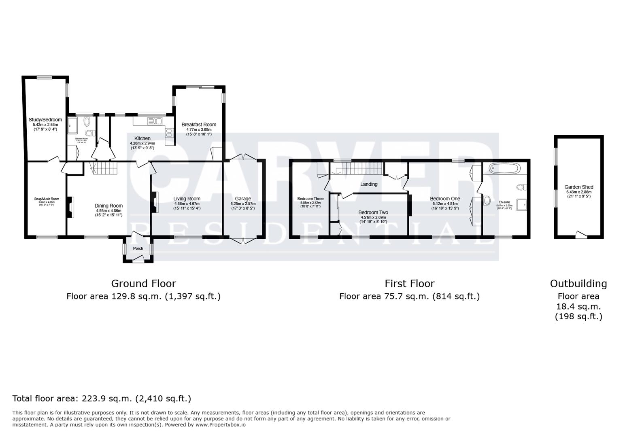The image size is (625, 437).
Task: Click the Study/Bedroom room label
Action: coord(45,120)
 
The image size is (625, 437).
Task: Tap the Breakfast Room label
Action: coord(199,125)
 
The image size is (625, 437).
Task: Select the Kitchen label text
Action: coord(142,138)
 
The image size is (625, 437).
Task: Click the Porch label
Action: coord(138,248)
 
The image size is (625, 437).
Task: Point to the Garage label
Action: coord(243,199)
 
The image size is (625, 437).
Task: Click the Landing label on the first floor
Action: coord(369,184)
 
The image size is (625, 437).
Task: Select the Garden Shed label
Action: coord(579,187)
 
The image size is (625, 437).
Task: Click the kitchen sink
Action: coord(155,120)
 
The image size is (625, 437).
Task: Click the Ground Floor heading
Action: coord(143,283)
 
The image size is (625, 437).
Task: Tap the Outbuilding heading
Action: coord(578,284)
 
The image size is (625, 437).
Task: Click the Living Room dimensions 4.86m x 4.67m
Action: coord(187,204)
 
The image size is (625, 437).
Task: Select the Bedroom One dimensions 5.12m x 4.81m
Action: coord(445,204)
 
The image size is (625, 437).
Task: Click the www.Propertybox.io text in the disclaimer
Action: coord(221,425)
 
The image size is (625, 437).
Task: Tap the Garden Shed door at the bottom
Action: coord(581,235)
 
